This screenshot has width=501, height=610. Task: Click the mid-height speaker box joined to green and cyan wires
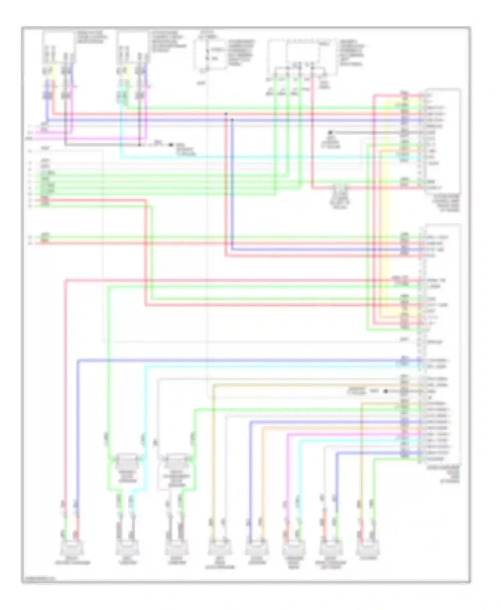pos(127,462)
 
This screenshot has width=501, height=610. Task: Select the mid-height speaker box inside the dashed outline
pos(176,462)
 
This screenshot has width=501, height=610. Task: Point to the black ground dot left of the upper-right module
pos(330,132)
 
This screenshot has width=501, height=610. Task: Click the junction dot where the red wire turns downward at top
pos(226,114)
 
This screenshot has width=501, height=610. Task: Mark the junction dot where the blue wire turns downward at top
pos(232,120)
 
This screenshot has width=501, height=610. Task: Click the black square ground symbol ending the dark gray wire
pos(171,145)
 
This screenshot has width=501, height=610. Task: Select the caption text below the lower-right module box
pos(444,475)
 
